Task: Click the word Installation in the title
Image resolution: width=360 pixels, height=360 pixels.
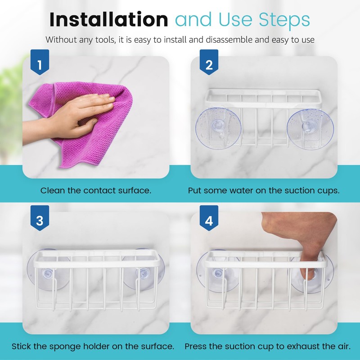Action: [108, 20]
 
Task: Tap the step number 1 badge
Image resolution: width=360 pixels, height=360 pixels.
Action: [40, 65]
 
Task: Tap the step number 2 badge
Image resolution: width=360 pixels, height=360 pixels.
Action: [208, 65]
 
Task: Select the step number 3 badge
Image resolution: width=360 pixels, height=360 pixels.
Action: [40, 220]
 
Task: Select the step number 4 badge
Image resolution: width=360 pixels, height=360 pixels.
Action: [208, 220]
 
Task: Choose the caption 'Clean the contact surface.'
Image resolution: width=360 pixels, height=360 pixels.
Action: [96, 190]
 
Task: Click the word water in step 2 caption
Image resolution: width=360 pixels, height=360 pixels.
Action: [245, 190]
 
